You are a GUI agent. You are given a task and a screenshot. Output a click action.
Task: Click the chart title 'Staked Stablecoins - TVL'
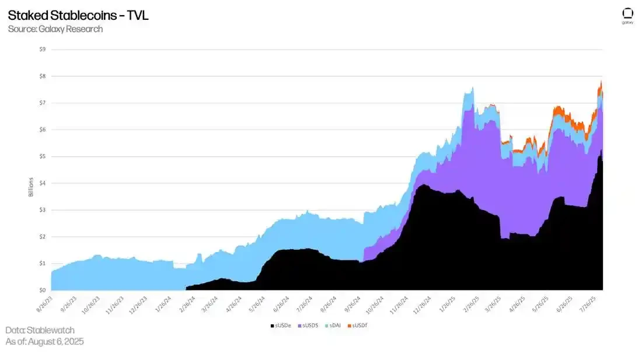click(x=78, y=15)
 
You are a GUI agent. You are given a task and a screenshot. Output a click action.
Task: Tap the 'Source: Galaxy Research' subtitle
click(x=55, y=29)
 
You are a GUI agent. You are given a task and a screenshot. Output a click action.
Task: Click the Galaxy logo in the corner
click(x=627, y=16)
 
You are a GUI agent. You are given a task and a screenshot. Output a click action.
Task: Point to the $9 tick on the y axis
click(x=43, y=50)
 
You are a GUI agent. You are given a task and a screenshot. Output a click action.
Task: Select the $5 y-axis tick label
click(x=43, y=156)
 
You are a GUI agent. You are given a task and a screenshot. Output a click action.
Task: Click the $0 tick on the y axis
click(x=43, y=290)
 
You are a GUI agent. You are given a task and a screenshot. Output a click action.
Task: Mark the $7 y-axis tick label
click(x=43, y=103)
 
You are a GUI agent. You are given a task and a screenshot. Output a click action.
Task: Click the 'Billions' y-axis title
click(x=31, y=187)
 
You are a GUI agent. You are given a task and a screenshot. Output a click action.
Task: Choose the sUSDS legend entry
click(x=310, y=325)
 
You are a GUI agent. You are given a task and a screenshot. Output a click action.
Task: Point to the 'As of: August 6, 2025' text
click(x=44, y=341)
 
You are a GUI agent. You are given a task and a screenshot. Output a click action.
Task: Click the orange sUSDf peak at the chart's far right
click(x=601, y=83)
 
